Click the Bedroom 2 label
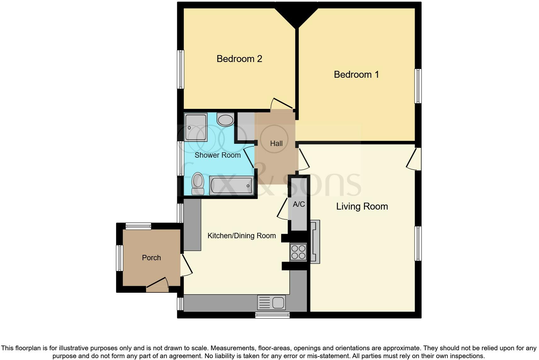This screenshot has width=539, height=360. tap(239, 59)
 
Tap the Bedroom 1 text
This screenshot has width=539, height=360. tap(356, 75)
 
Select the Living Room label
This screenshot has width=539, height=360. tap(362, 206)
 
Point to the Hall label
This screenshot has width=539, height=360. tap(276, 143)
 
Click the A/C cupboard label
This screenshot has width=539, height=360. tap(299, 205)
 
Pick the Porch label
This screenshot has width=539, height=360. tap(151, 258)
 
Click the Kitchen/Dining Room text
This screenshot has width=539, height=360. tap(241, 236)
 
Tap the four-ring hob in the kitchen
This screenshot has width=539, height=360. tap(298, 251)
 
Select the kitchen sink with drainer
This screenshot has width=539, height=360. tap(271, 303)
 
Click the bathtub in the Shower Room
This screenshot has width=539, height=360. tap(231, 186)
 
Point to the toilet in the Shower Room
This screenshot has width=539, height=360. tap(198, 183)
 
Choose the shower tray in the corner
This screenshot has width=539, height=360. tap(196, 127)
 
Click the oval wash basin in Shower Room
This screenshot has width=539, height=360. tap(225, 120)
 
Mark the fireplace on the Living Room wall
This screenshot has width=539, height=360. tap(315, 242)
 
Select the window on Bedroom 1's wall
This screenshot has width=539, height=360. tap(418, 86)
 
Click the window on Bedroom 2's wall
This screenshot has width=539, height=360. tap(180, 69)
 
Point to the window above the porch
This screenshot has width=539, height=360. tap(138, 226)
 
